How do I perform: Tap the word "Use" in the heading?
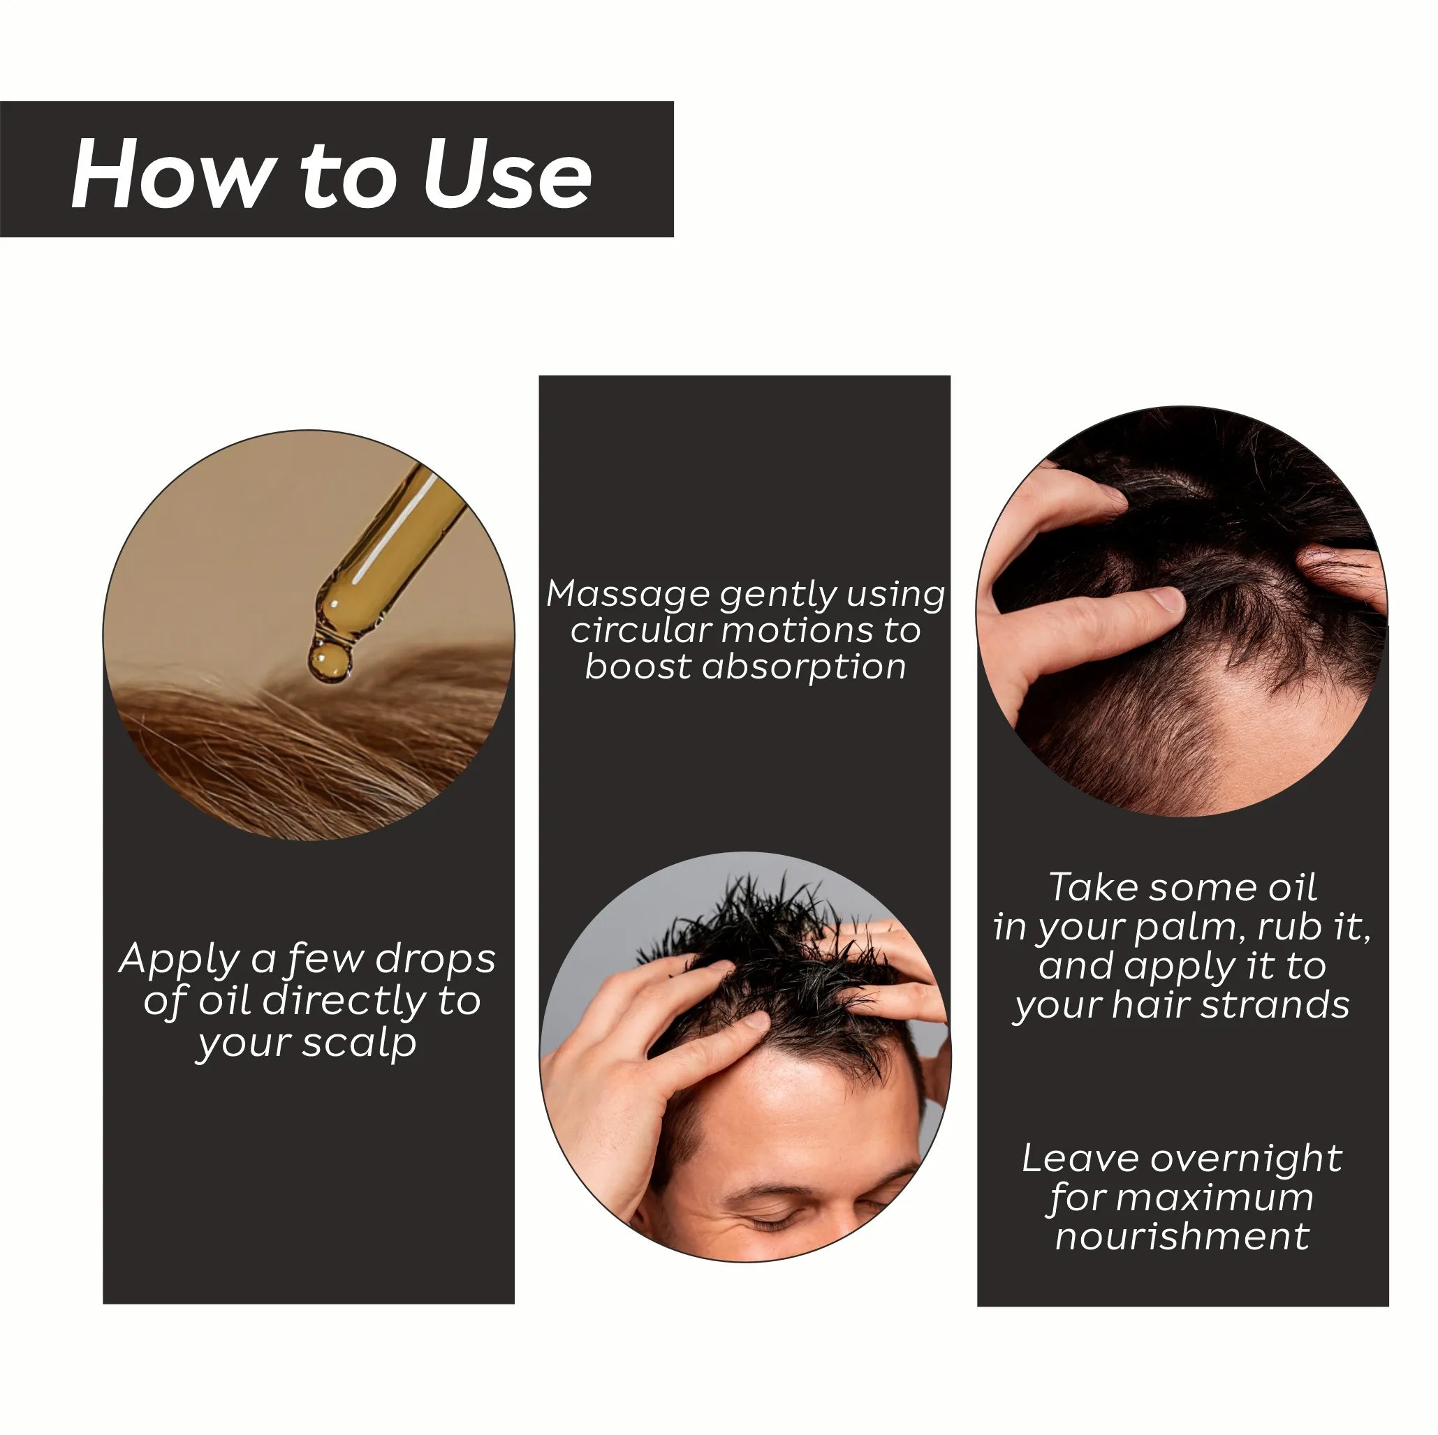pos(506,174)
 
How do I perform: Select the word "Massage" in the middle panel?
pos(626,595)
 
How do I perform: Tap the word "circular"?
pos(642,631)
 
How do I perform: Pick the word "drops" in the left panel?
pos(434,960)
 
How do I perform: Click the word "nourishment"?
pos(1182,1237)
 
